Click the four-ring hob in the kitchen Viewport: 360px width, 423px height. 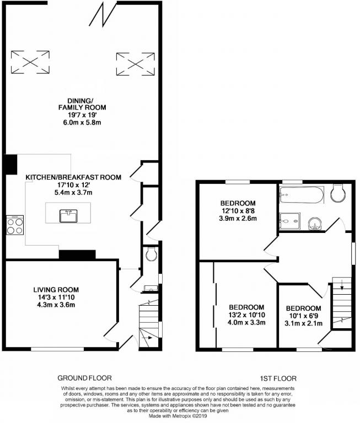[15, 225]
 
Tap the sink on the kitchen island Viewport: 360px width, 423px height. [68, 216]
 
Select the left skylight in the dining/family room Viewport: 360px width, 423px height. [30, 62]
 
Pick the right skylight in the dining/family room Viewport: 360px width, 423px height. [135, 64]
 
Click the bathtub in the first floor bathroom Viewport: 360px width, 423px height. [302, 195]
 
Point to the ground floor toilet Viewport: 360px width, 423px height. [151, 253]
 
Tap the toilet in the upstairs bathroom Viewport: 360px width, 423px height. [338, 193]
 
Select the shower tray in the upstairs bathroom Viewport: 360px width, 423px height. [290, 221]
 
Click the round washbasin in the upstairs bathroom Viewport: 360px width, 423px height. [315, 224]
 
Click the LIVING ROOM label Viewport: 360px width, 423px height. [56, 290]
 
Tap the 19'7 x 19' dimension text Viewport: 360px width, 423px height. [83, 115]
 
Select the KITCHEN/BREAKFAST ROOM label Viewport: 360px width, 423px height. [73, 177]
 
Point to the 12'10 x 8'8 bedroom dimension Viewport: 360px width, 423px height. [238, 211]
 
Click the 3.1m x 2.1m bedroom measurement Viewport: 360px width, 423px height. [304, 323]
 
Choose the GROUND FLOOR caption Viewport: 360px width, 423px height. [84, 378]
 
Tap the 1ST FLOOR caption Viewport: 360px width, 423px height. [278, 378]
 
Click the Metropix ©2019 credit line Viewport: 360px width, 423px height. [178, 416]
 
